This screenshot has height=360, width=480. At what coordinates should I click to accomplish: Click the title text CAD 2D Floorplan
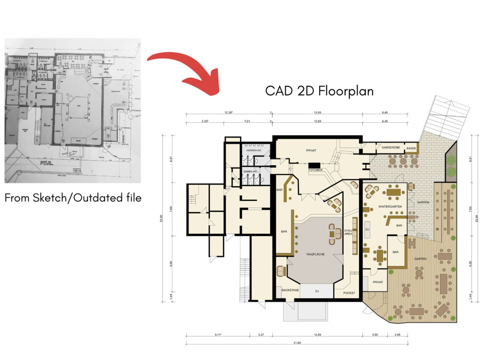tap(319, 91)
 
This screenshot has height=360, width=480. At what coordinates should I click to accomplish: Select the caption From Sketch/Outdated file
tap(73, 197)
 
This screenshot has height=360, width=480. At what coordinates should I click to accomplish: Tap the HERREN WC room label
tap(253, 150)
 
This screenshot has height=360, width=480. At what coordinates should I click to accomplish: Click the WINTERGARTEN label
tap(390, 205)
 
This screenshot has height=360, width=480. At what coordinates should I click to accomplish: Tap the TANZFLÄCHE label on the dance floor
tap(315, 254)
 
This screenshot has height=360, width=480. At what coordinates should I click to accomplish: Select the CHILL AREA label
tap(348, 232)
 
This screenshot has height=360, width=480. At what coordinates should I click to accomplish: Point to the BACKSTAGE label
tap(290, 290)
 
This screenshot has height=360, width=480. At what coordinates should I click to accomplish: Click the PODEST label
tap(349, 292)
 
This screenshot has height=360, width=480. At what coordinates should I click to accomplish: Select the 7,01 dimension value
tap(247, 121)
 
